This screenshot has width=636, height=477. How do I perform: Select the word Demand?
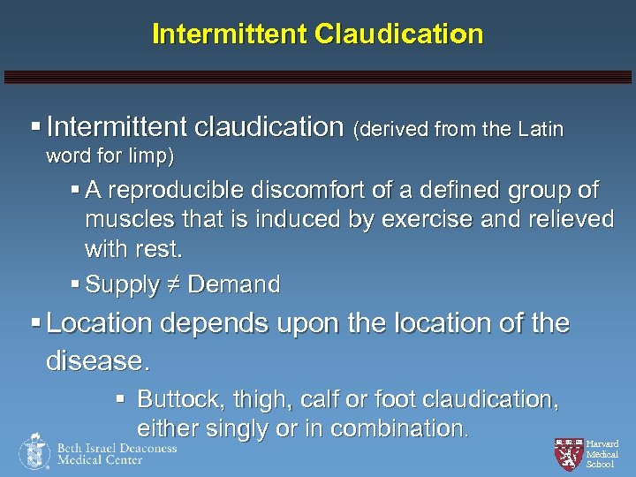233,284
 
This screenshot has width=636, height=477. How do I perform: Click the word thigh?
259,399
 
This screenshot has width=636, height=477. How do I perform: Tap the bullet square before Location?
34,324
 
